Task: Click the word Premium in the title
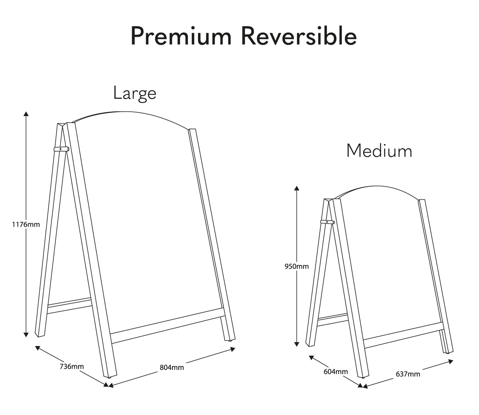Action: (x=181, y=37)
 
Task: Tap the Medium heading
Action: (x=379, y=151)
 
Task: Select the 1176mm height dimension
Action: (x=26, y=224)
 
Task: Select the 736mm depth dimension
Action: (x=72, y=367)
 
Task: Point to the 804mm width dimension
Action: (x=172, y=368)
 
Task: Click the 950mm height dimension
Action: (x=297, y=267)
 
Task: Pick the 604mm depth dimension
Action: (x=336, y=372)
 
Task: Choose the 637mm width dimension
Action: (x=408, y=374)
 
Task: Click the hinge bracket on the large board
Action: (x=61, y=149)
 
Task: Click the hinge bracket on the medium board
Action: (x=327, y=222)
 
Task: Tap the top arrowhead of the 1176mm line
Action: (x=26, y=113)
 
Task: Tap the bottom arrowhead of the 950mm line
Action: (x=297, y=344)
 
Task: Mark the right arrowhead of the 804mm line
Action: (x=233, y=349)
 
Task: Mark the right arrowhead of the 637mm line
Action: (x=451, y=362)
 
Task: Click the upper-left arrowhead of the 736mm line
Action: (x=38, y=348)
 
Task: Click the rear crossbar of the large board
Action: (x=69, y=306)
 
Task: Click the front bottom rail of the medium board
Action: (x=403, y=336)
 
